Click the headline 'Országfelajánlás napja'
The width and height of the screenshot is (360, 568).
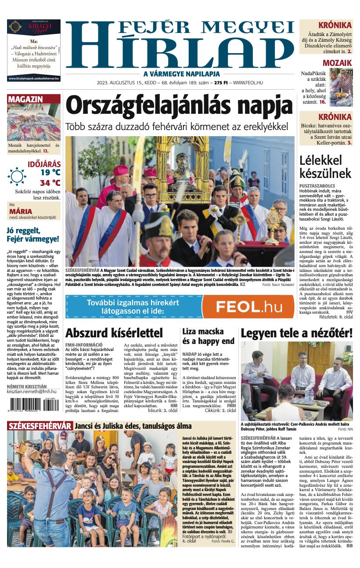(179, 106)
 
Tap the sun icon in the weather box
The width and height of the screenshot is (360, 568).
(17, 177)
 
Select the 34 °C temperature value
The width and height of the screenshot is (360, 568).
(50, 183)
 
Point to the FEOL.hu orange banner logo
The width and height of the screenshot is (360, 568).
(248, 306)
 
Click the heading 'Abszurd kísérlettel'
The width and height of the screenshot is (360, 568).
(114, 333)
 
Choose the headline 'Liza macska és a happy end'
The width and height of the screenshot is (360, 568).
(208, 336)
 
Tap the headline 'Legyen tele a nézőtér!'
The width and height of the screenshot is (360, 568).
(296, 333)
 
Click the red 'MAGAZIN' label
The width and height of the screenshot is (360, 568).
(25, 99)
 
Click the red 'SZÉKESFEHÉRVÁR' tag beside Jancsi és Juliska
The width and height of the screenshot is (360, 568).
(40, 426)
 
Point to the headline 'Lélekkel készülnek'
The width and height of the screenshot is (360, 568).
(325, 166)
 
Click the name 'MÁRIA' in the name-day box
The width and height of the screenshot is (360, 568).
(21, 211)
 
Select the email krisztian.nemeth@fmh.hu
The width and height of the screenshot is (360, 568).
(32, 391)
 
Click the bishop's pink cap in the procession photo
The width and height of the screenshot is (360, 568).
(121, 170)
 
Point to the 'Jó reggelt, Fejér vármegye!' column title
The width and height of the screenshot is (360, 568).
(33, 235)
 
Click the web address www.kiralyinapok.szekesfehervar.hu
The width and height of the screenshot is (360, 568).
(34, 79)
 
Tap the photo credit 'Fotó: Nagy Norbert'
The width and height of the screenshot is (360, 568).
(278, 285)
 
